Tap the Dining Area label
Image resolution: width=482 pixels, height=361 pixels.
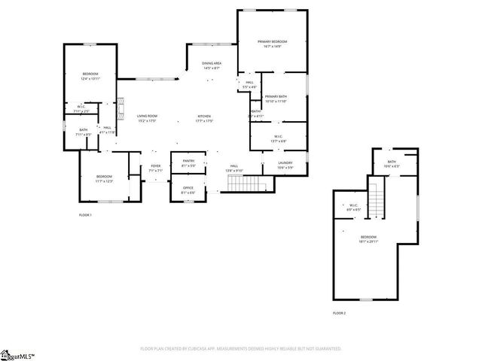(212, 65)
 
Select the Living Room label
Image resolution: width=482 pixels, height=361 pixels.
(146, 118)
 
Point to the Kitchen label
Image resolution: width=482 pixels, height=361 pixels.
(205, 118)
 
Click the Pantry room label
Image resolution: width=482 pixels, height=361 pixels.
(188, 162)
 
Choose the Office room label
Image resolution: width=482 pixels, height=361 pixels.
(188, 190)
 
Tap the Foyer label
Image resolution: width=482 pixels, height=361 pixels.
(156, 168)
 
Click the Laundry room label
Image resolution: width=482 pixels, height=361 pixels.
(285, 165)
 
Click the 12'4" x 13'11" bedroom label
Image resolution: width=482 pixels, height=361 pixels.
(90, 76)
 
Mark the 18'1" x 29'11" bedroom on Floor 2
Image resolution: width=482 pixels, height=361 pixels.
(368, 239)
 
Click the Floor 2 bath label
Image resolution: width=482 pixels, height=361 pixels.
(392, 163)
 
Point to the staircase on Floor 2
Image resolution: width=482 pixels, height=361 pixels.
(375, 199)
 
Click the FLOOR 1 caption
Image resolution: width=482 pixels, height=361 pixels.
(85, 215)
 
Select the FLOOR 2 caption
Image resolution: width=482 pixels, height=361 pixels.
(339, 313)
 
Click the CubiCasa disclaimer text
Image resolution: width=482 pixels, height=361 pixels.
(241, 349)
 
